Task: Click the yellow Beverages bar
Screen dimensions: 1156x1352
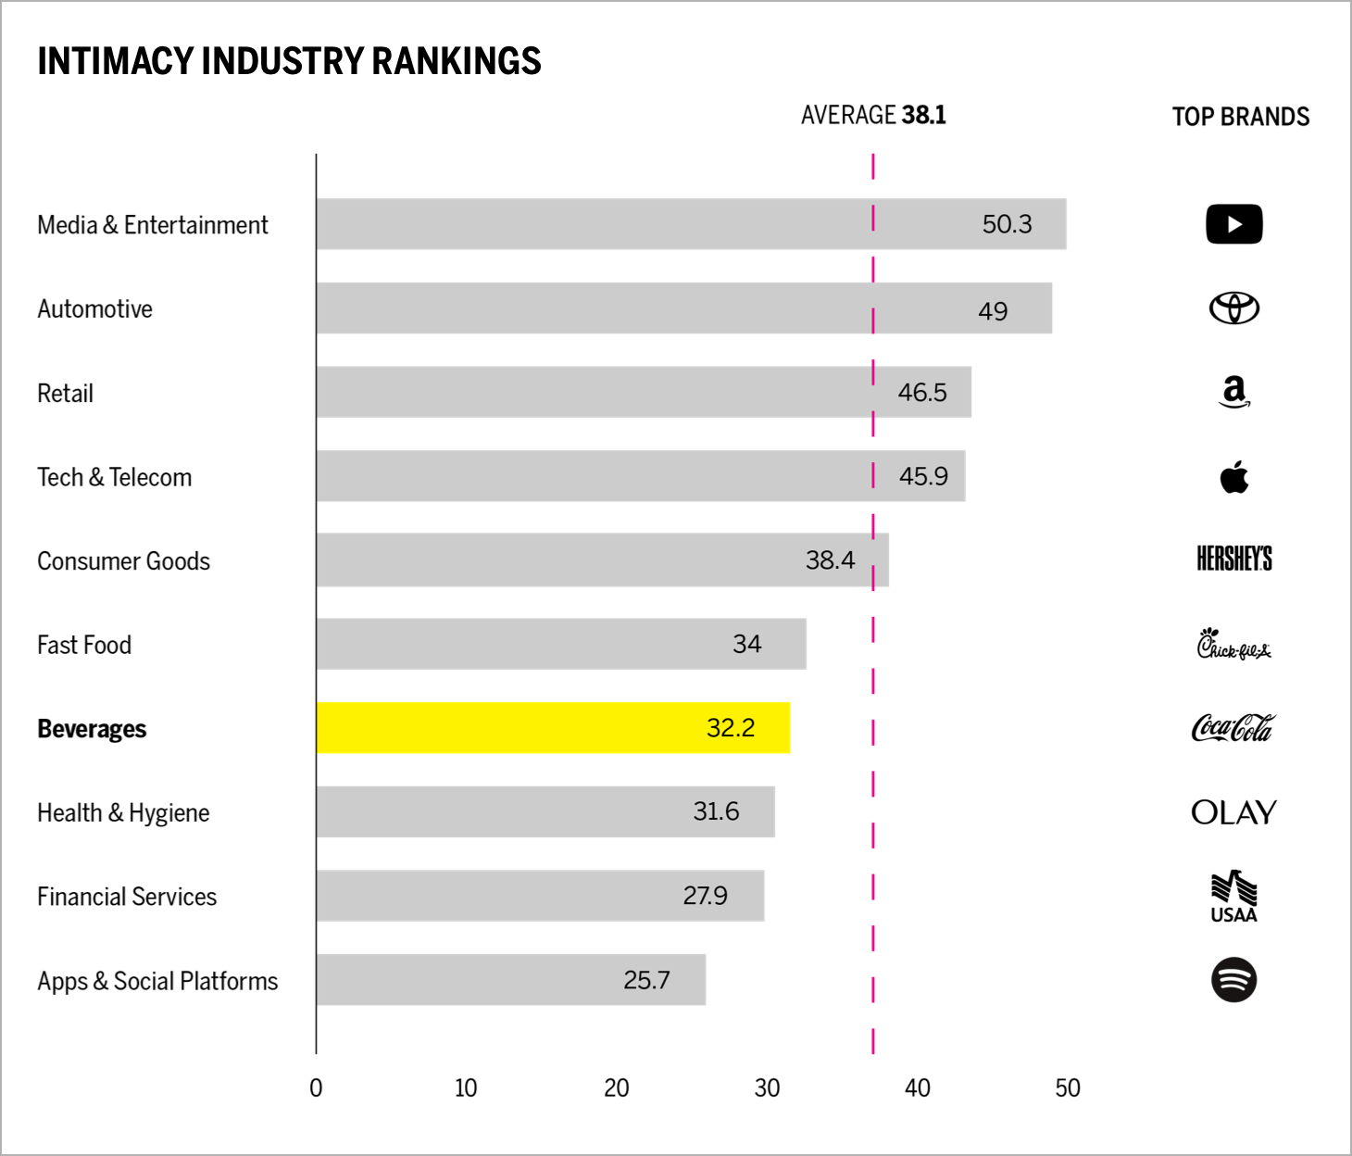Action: tap(553, 728)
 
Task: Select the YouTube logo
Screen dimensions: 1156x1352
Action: tap(1233, 224)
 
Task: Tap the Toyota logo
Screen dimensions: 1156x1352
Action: tap(1233, 308)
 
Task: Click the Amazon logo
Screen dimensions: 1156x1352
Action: tap(1233, 392)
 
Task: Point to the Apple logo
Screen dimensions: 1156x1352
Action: tap(1233, 477)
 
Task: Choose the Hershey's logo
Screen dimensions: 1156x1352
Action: tap(1233, 559)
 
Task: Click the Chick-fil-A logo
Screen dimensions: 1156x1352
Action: tap(1233, 644)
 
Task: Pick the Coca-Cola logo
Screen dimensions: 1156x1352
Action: tap(1233, 728)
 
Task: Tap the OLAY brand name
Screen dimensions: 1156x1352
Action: tap(1233, 812)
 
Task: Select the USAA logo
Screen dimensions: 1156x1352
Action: tap(1233, 897)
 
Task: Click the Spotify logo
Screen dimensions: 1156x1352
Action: tap(1233, 980)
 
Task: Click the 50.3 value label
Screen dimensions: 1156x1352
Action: tap(1007, 224)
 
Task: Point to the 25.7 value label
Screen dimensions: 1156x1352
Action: tap(646, 980)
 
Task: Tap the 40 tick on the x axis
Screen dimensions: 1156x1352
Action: tap(917, 1088)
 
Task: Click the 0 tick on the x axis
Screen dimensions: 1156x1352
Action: tap(316, 1088)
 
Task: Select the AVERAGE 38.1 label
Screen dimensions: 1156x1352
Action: tap(872, 115)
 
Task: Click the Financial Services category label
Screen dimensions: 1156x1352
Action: tap(127, 897)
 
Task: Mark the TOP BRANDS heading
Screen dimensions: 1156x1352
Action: tap(1240, 117)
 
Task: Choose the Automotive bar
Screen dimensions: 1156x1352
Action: tap(683, 308)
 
